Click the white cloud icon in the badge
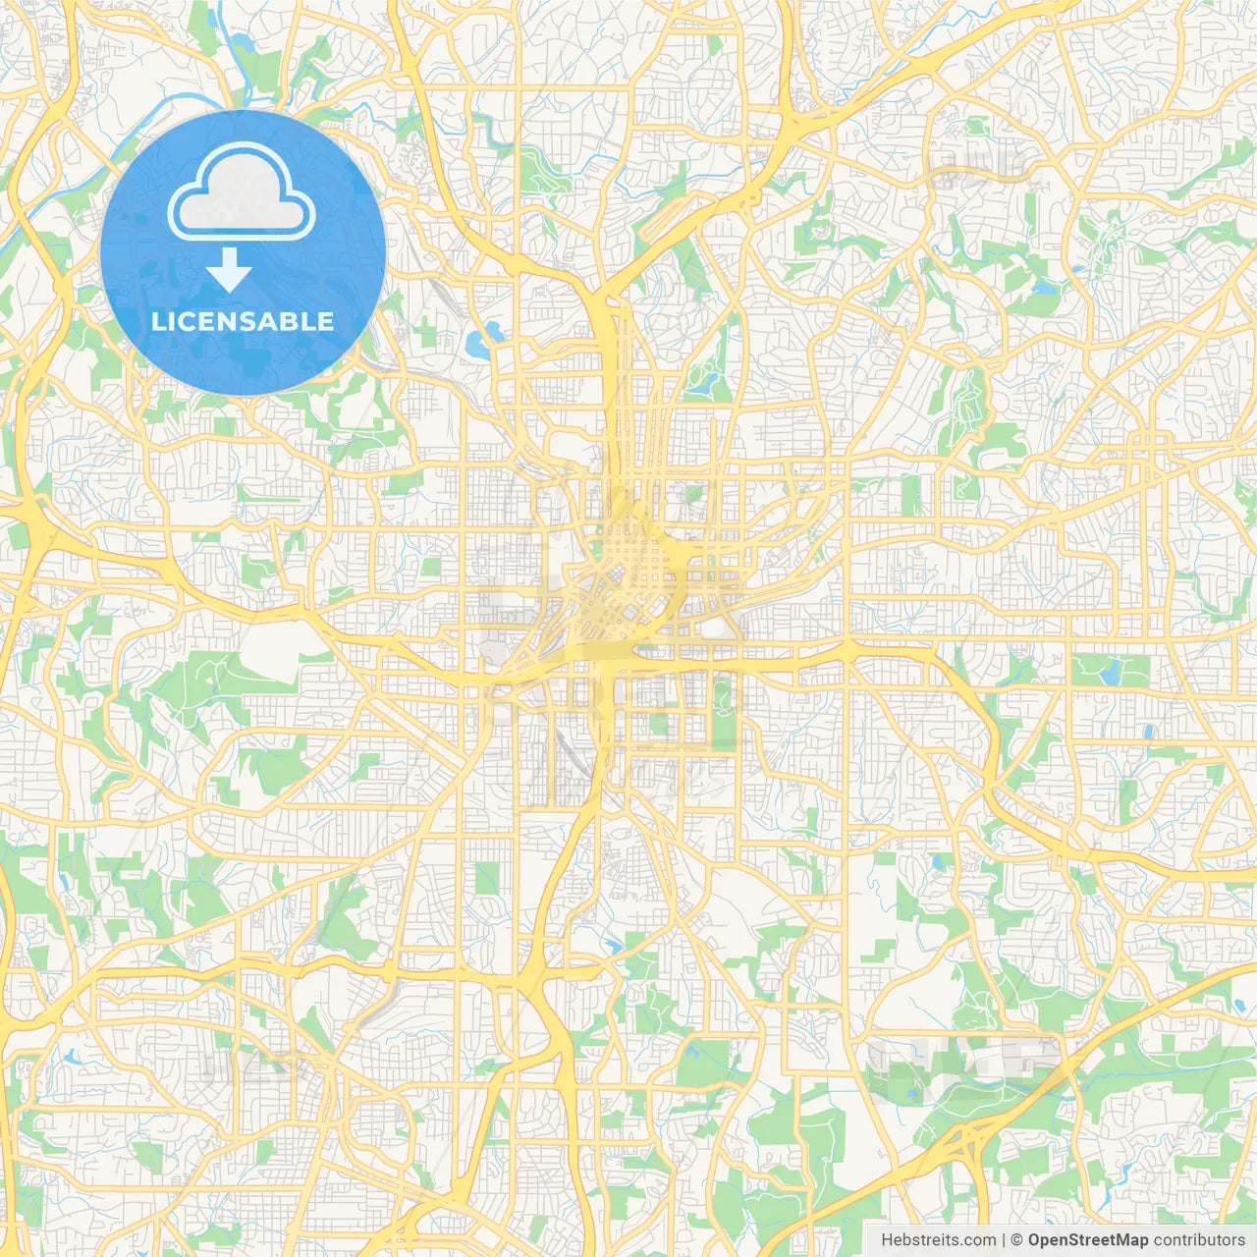pyautogui.click(x=242, y=192)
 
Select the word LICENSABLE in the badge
pyautogui.click(x=243, y=321)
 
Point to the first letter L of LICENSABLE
pyautogui.click(x=157, y=321)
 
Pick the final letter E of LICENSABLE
pyautogui.click(x=326, y=321)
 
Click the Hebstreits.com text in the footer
pyautogui.click(x=938, y=1240)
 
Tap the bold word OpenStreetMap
pyautogui.click(x=1087, y=1240)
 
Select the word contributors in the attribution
pyautogui.click(x=1199, y=1240)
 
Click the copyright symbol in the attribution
pyautogui.click(x=1017, y=1240)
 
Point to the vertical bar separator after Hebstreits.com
pyautogui.click(x=1004, y=1240)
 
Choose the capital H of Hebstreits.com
pyautogui.click(x=887, y=1240)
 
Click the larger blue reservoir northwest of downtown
pyautogui.click(x=481, y=344)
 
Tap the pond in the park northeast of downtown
pyautogui.click(x=701, y=384)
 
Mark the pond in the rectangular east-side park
pyautogui.click(x=1112, y=674)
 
